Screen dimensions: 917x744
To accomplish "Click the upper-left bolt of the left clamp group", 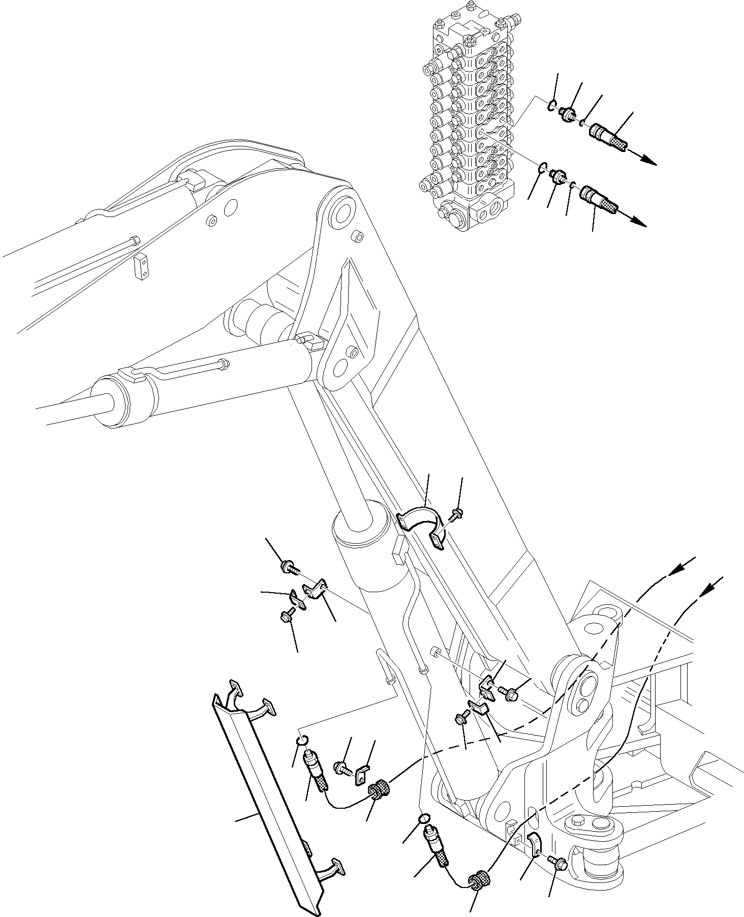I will pos(288,567).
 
